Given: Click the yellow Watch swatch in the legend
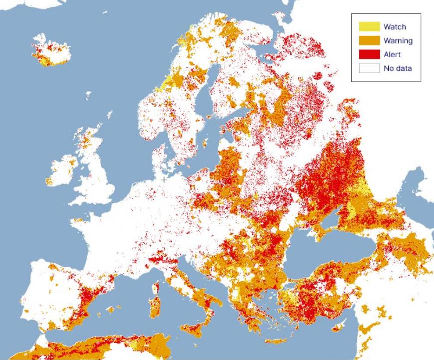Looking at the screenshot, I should coord(369,26).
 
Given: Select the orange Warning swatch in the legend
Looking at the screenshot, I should coord(369,40).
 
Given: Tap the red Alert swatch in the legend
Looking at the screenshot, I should coord(369,54).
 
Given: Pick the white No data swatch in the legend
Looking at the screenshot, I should coord(369,68).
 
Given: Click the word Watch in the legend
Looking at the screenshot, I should coord(394,26).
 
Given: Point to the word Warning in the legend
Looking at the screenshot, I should coord(398,40).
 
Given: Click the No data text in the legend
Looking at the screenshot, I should coord(398,68).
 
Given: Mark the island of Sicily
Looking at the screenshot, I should coord(197,330).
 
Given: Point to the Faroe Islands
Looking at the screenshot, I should coord(88,95).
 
